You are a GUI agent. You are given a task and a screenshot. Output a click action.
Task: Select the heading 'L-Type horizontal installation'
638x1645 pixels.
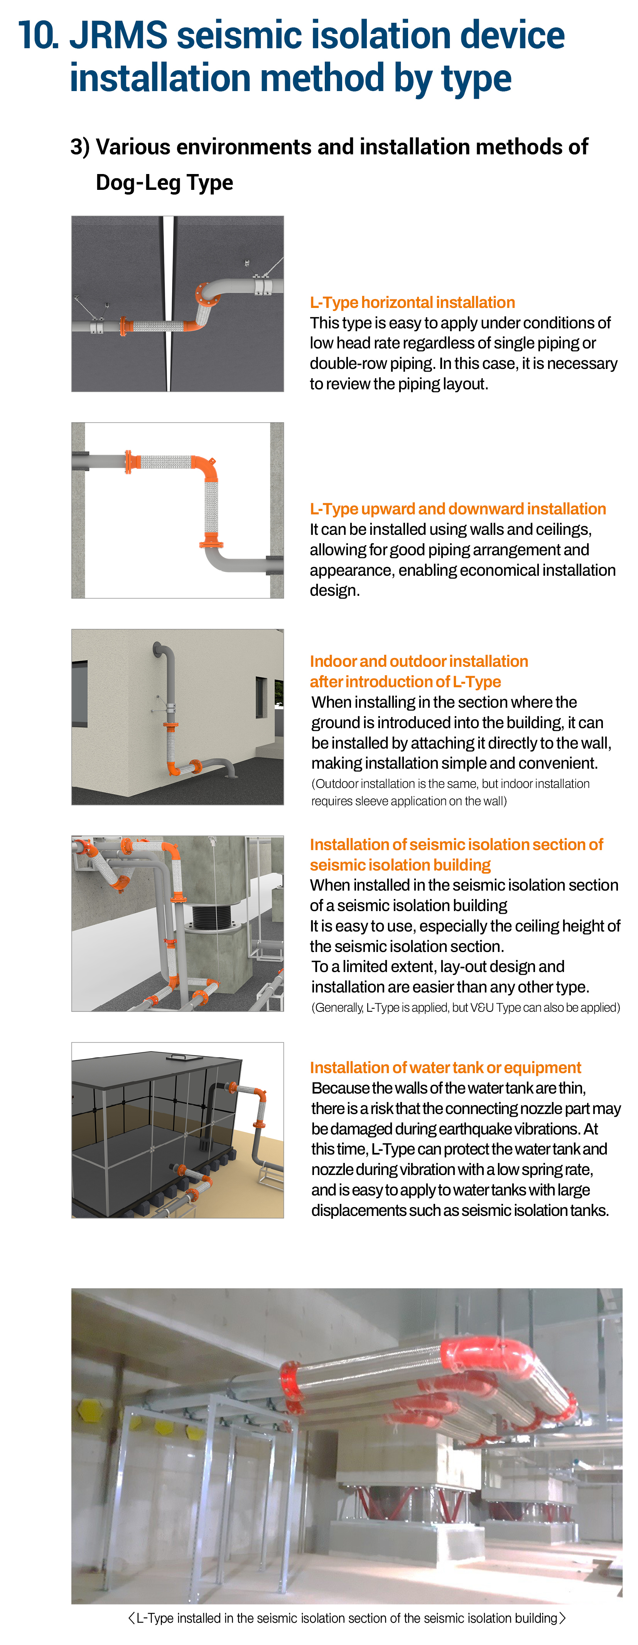(412, 302)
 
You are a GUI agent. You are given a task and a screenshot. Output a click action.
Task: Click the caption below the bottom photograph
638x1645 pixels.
(347, 1618)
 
